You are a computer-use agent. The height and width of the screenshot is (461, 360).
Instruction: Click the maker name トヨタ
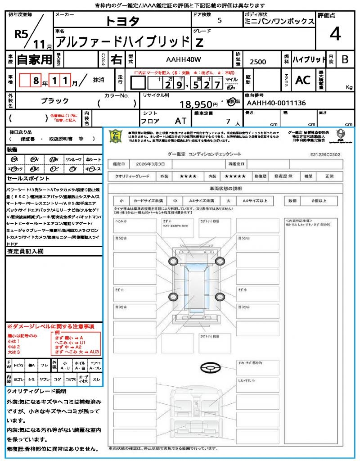[x=122, y=21]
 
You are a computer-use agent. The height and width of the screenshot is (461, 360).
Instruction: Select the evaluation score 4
[x=335, y=35]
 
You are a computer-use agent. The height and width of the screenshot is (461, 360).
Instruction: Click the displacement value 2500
[x=258, y=62]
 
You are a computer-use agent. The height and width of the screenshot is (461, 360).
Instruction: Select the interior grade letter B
[x=345, y=59]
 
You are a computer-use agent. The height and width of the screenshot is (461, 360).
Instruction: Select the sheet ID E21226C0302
[x=325, y=154]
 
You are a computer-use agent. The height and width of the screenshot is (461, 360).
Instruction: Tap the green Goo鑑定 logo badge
[x=116, y=136]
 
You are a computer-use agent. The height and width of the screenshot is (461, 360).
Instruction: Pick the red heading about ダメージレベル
[x=50, y=326]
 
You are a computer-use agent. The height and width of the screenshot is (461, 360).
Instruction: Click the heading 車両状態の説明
[x=225, y=188]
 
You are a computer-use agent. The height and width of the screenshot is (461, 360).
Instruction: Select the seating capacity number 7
[x=228, y=122]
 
